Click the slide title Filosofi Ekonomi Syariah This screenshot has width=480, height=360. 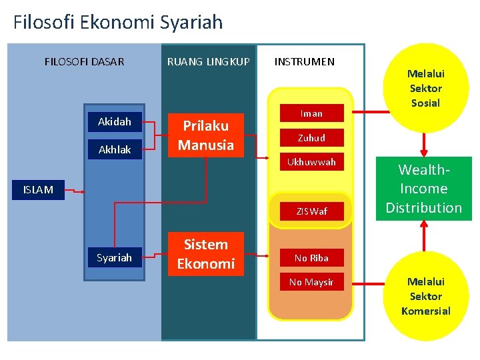[118, 23]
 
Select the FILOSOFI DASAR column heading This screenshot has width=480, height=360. [84, 62]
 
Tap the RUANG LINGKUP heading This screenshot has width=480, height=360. [208, 62]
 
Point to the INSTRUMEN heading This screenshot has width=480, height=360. [305, 62]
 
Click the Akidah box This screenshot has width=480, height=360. [114, 122]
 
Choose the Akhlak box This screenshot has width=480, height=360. [114, 149]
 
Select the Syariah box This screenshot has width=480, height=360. [114, 257]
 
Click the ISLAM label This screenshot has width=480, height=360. [38, 190]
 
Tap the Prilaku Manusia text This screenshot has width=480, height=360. [205, 135]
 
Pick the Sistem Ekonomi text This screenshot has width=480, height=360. [205, 254]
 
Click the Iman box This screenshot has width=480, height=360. [311, 113]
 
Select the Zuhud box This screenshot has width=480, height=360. [311, 138]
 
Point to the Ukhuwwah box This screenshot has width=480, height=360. [311, 162]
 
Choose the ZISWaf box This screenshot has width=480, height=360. [311, 211]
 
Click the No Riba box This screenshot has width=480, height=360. [311, 257]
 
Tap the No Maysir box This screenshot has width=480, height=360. [311, 282]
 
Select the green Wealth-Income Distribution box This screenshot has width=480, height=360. [423, 189]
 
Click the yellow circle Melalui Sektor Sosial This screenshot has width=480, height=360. [426, 87]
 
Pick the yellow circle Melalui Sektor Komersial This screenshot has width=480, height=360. [426, 296]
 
